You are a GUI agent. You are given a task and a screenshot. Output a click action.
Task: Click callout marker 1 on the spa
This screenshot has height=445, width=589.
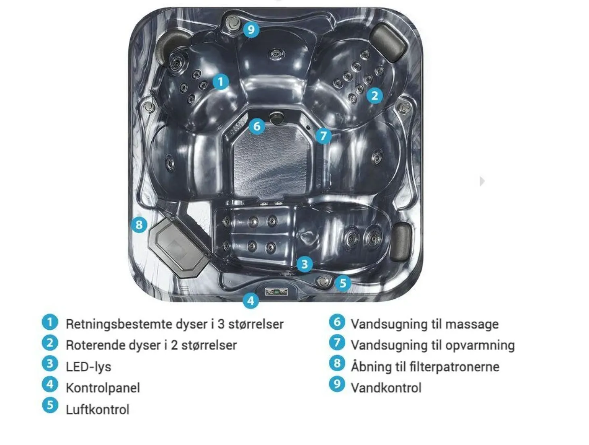[x=221, y=82]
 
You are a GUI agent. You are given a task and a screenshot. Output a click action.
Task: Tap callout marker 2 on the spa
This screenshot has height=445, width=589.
[x=375, y=96]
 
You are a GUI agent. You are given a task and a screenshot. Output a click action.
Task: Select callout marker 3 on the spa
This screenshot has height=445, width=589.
[x=305, y=264]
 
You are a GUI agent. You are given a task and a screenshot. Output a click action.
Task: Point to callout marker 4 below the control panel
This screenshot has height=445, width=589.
[x=251, y=301]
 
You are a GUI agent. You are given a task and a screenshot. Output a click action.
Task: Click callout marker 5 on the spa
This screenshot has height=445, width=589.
[x=343, y=283]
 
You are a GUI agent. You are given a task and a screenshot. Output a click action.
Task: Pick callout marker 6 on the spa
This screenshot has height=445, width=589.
[x=257, y=126]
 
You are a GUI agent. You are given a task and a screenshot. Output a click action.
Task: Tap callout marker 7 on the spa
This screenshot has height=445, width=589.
[x=324, y=136]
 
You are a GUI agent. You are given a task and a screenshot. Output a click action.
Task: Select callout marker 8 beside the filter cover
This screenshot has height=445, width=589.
[x=139, y=225]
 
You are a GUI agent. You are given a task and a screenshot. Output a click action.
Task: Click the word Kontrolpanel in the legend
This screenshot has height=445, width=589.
[x=103, y=388]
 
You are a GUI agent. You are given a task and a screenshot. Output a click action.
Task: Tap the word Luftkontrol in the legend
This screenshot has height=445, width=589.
[x=98, y=410]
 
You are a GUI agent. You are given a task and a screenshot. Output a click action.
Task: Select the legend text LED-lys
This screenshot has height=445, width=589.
[x=88, y=367]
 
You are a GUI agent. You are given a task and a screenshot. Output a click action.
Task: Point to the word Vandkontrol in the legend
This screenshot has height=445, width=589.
[x=386, y=388]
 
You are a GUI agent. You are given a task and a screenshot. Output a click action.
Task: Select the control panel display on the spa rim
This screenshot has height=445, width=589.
[x=276, y=292]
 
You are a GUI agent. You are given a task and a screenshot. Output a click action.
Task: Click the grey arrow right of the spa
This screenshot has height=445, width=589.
[x=482, y=181]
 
